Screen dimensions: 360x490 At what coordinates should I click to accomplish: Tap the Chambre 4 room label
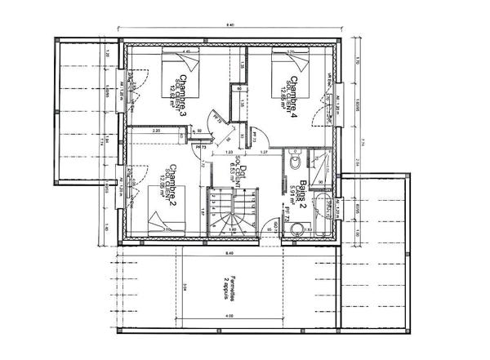coord(294,95)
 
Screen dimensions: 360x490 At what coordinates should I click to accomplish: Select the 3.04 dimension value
coord(185,285)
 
